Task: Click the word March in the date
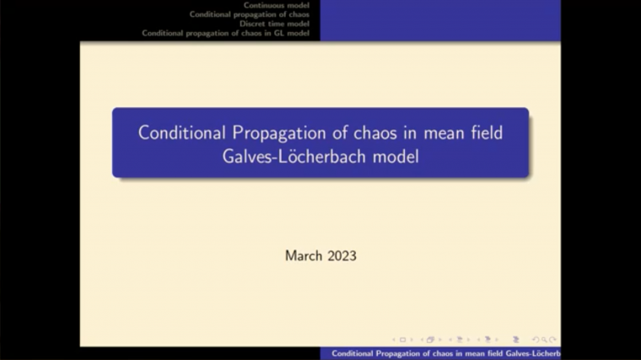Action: point(303,255)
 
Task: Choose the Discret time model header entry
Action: point(274,24)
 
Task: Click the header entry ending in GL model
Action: point(225,33)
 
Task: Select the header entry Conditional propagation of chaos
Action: point(249,14)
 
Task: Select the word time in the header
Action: point(275,24)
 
